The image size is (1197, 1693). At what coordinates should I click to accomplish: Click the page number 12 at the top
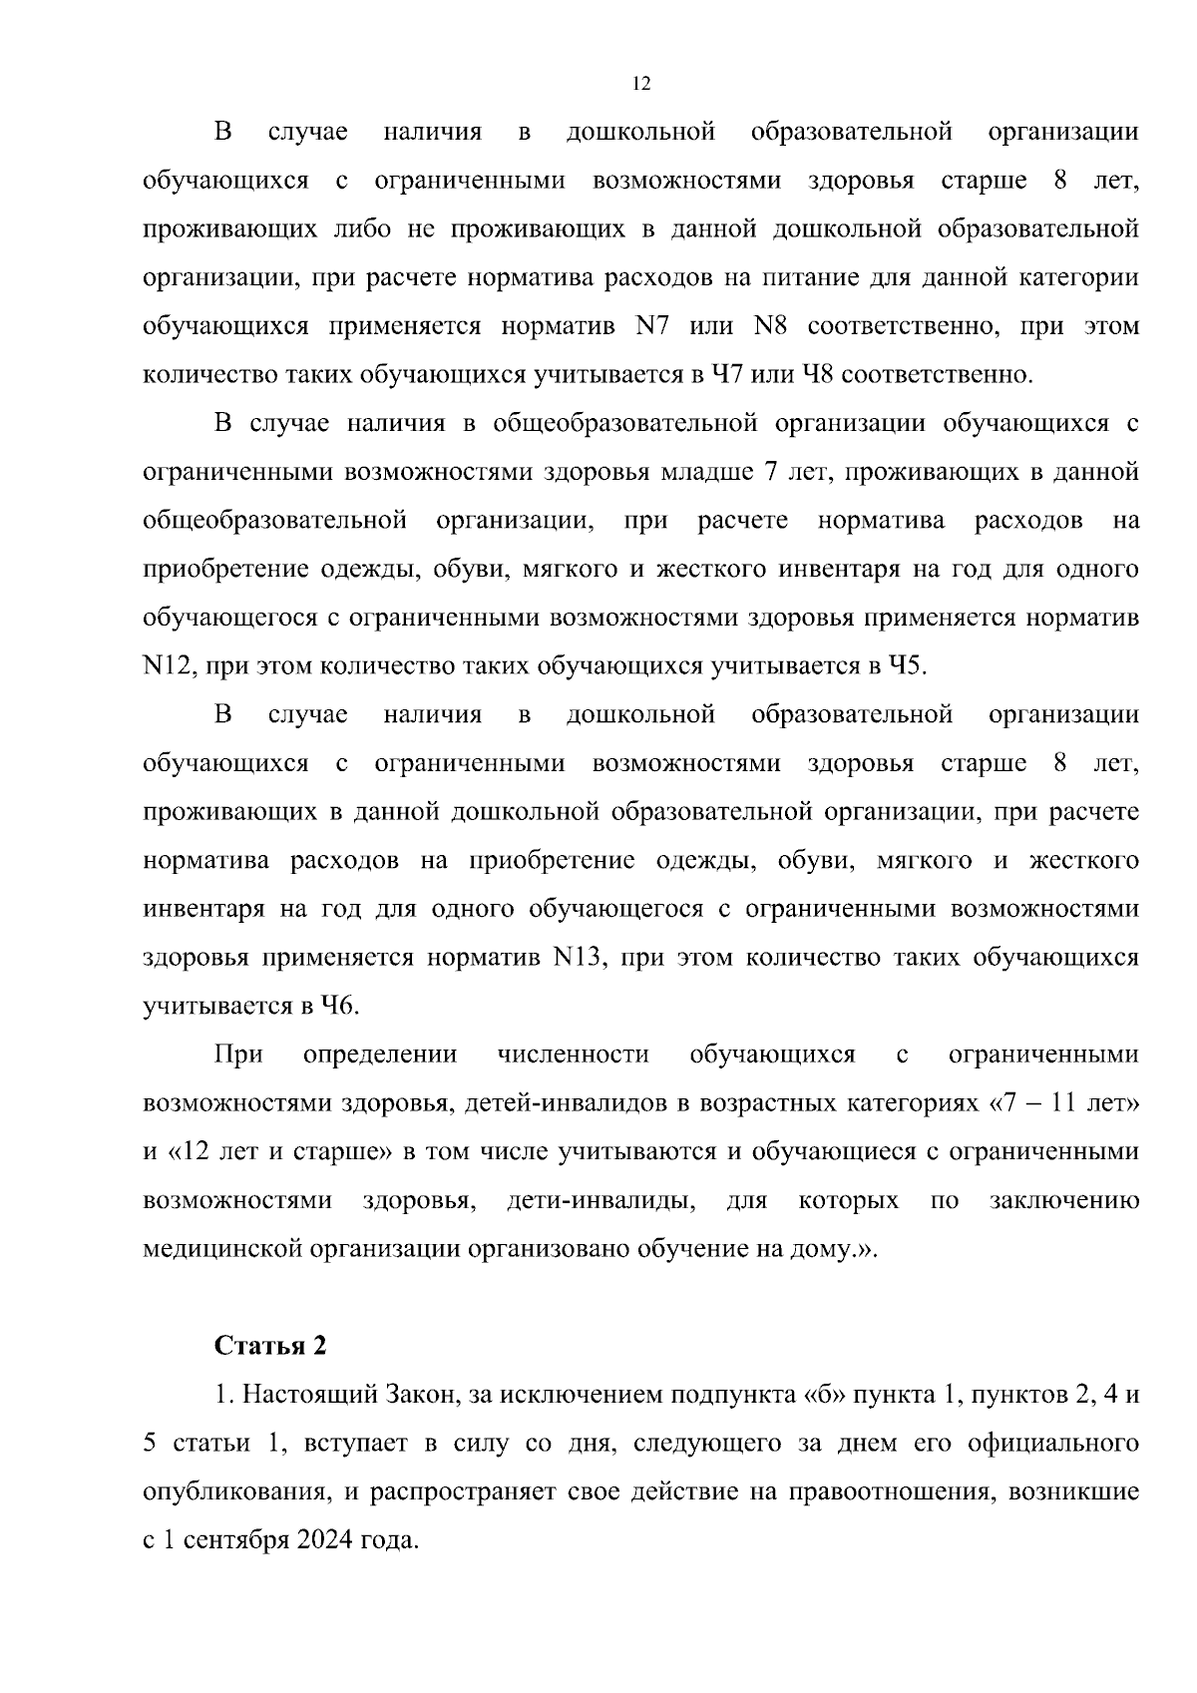641,84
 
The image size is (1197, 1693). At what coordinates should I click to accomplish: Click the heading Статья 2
270,1346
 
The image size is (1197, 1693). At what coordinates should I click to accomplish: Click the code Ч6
337,1006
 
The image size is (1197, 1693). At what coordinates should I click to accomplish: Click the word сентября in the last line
238,1540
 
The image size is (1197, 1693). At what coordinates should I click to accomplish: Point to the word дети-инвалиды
601,1200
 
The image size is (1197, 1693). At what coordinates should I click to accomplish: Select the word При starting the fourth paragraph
238,1055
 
